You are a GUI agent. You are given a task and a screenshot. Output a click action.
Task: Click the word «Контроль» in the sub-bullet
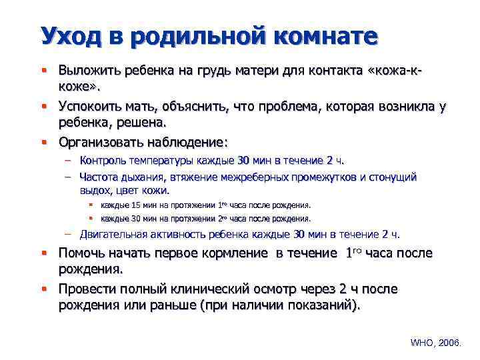pyautogui.click(x=101, y=160)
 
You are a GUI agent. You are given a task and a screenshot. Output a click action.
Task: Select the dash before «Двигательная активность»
pyautogui.click(x=68, y=234)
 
